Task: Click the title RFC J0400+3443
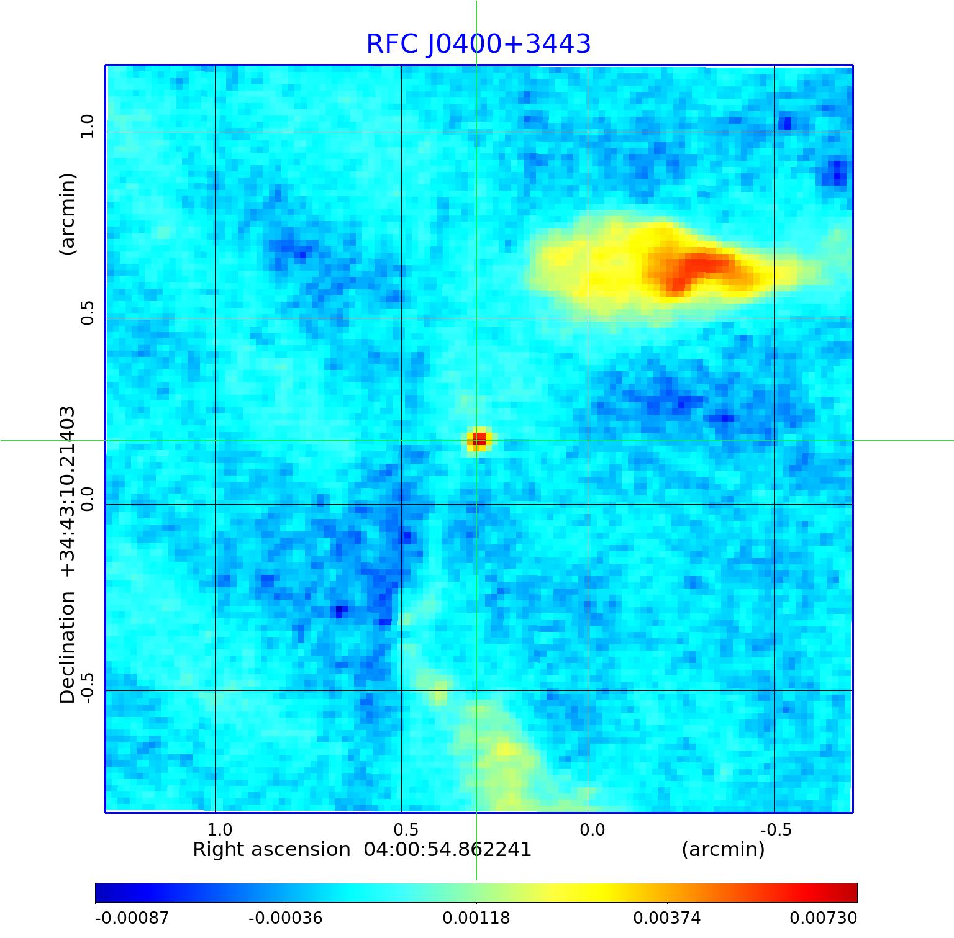click(x=478, y=44)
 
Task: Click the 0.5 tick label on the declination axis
click(x=87, y=313)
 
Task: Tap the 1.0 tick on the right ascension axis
click(x=219, y=830)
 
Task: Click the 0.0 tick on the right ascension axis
click(x=592, y=830)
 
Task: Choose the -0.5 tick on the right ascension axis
click(x=776, y=830)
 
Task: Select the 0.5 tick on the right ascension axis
click(x=406, y=830)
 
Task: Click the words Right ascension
click(x=271, y=850)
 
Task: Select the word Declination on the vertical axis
click(x=67, y=647)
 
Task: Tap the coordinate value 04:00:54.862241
click(x=447, y=850)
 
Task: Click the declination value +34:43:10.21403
click(x=67, y=491)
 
